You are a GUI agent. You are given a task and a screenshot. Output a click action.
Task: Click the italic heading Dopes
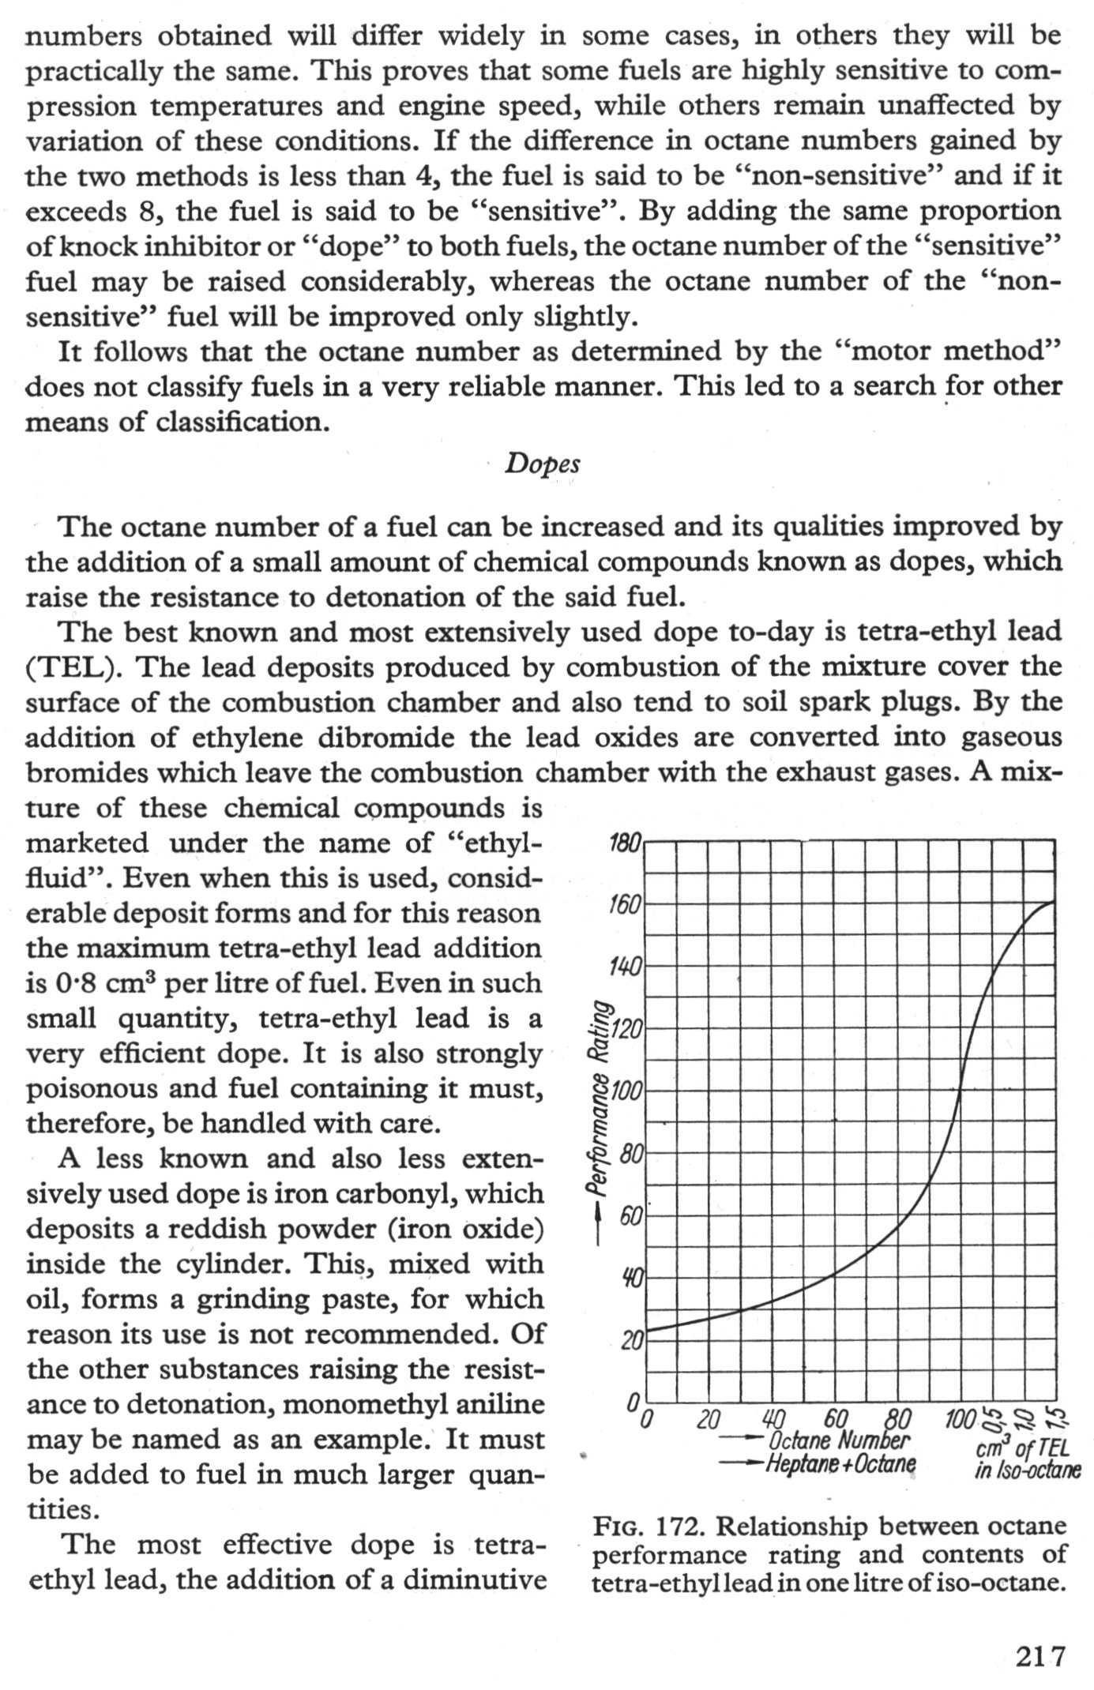coord(543,464)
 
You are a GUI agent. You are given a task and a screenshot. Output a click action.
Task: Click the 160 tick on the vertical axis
coord(628,904)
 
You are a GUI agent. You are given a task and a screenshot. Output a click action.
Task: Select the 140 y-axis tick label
coord(628,967)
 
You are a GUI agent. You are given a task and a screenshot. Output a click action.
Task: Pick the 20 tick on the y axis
coord(632,1340)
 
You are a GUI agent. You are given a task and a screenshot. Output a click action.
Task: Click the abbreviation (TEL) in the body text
coord(66,668)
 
